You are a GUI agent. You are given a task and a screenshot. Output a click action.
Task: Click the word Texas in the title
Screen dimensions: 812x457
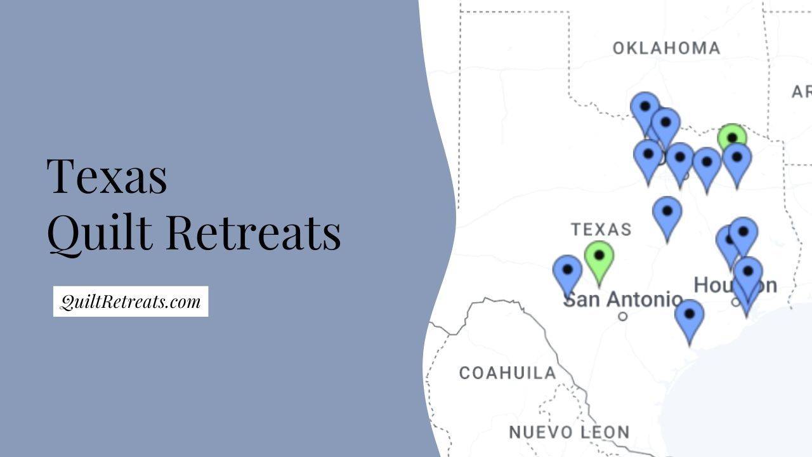click(x=107, y=176)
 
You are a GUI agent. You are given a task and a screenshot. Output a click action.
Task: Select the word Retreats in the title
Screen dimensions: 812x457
click(x=254, y=232)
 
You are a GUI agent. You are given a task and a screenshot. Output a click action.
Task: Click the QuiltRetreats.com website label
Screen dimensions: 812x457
click(x=130, y=301)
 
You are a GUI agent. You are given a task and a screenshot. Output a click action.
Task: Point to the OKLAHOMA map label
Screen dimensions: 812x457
click(x=666, y=48)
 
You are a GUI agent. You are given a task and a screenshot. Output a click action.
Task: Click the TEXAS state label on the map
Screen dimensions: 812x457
click(x=601, y=229)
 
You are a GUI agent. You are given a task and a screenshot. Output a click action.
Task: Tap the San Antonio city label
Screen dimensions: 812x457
click(x=623, y=299)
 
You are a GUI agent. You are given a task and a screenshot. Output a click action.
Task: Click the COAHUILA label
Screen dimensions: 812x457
click(x=507, y=373)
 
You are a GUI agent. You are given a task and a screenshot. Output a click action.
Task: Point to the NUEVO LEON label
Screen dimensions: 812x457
click(x=569, y=432)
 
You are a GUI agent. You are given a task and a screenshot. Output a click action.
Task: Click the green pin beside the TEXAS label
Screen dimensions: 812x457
click(x=599, y=257)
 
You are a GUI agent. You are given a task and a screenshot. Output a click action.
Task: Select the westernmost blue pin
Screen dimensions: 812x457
click(x=567, y=271)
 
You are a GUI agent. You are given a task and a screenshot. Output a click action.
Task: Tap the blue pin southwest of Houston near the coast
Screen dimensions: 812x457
click(x=689, y=315)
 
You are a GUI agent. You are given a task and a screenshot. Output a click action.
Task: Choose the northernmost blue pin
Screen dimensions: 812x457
click(x=645, y=108)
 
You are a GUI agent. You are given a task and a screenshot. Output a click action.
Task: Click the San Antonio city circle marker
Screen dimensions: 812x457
click(x=623, y=315)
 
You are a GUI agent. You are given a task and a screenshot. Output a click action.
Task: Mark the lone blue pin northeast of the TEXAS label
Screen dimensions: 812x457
click(x=667, y=213)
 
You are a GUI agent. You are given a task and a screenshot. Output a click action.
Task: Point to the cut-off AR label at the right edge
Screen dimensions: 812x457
click(x=801, y=92)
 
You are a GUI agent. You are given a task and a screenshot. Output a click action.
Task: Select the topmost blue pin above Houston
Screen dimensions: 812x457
click(x=743, y=232)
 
